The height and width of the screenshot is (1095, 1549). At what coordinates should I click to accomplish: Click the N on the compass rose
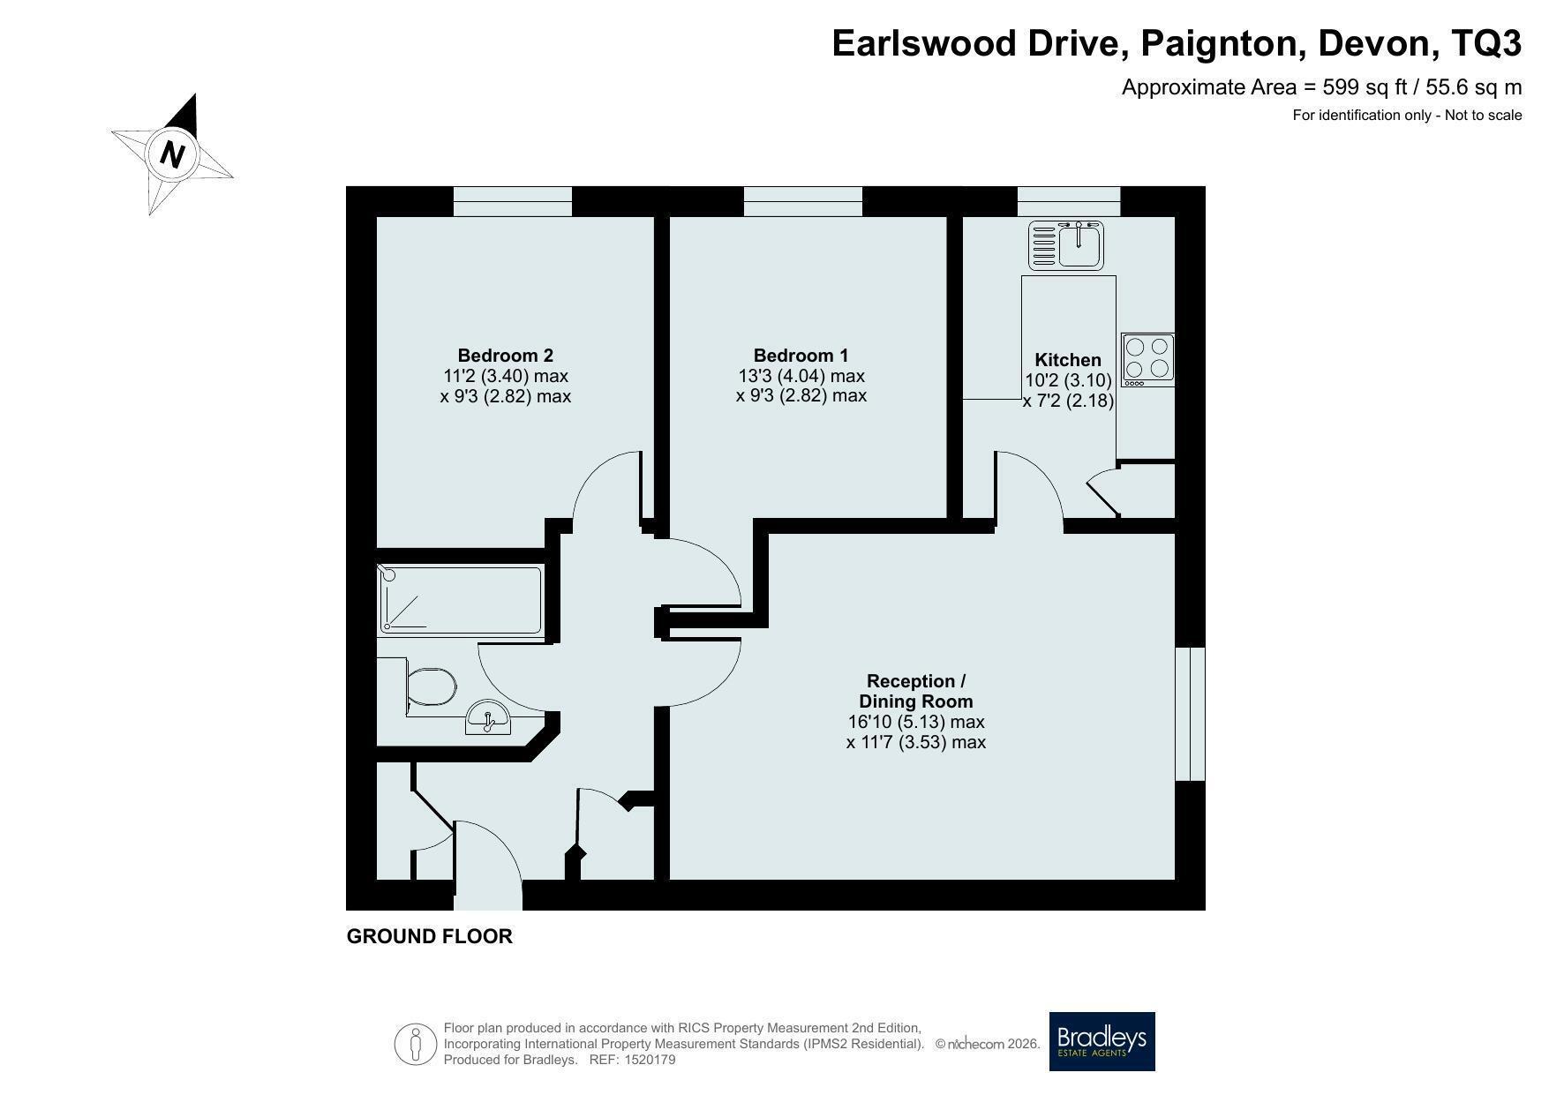coord(173,154)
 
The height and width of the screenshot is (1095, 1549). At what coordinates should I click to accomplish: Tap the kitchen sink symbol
coord(1066,244)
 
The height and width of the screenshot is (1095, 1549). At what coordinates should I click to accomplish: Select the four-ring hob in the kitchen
coord(1147,359)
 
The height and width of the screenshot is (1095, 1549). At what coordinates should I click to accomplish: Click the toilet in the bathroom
coord(431,686)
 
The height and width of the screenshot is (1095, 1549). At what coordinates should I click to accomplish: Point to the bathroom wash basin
coord(488,716)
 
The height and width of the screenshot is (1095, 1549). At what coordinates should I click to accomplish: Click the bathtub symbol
coord(460,600)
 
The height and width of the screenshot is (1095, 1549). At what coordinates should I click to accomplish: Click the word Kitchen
coord(1068,360)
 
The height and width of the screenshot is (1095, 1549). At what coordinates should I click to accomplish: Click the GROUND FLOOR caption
coord(430,936)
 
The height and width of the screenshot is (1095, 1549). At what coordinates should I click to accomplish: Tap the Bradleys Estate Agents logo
coord(1102,1041)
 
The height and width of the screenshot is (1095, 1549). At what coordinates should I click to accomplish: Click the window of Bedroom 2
coord(513,201)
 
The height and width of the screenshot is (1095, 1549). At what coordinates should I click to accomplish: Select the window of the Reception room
coord(1191,714)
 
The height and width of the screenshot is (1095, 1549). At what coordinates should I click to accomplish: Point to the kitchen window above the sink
coord(1069,201)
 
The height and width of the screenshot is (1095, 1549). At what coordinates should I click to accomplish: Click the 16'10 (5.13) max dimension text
coord(916,722)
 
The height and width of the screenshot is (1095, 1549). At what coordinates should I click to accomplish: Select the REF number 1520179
coord(650,1060)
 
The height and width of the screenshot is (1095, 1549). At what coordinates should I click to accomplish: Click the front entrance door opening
coord(488,895)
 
